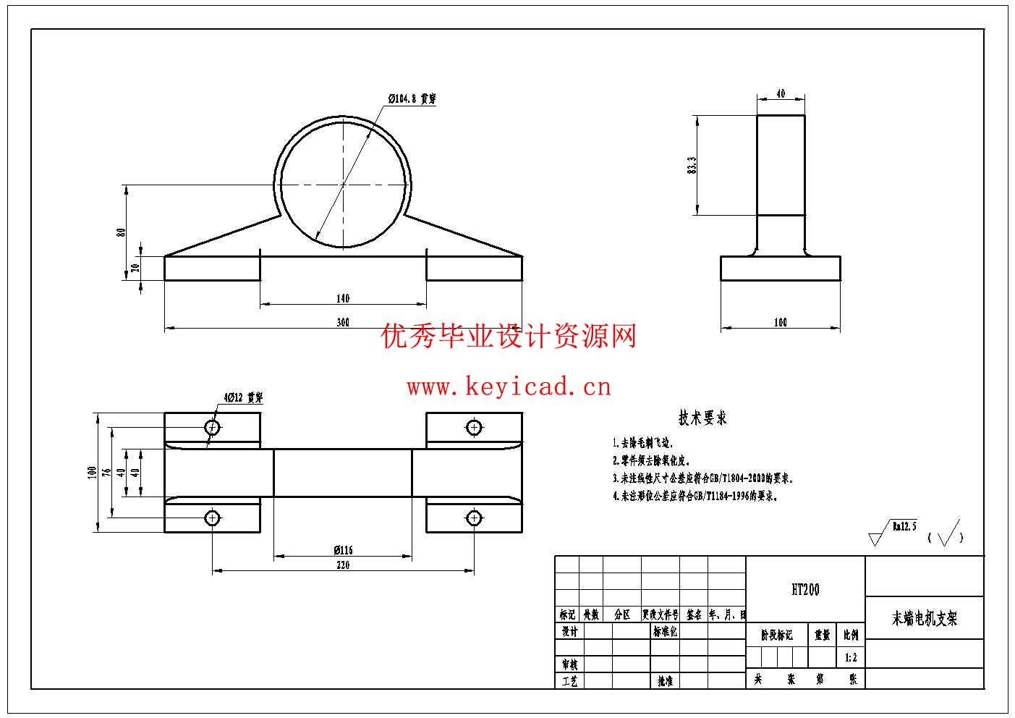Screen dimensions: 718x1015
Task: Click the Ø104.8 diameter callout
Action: click(412, 98)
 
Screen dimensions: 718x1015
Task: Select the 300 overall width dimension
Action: click(343, 322)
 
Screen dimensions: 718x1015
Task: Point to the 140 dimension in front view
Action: click(343, 298)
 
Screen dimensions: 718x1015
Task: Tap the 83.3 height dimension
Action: click(692, 165)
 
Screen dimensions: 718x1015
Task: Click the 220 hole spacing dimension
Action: click(343, 565)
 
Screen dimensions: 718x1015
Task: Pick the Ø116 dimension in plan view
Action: click(343, 550)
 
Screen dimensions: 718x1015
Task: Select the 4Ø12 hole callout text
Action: click(243, 397)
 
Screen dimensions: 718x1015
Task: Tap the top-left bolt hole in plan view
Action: click(212, 427)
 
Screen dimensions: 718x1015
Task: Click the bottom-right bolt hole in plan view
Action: click(474, 518)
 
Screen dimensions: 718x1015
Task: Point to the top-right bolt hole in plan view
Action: click(474, 427)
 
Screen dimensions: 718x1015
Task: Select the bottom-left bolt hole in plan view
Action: click(212, 518)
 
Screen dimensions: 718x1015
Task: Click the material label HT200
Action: click(805, 590)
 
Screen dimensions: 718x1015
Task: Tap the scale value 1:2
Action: click(851, 658)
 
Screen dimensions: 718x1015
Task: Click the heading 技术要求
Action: click(702, 418)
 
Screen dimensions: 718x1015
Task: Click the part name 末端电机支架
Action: click(925, 619)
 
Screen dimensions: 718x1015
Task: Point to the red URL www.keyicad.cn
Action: click(509, 387)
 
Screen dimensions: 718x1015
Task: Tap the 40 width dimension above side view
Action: click(781, 94)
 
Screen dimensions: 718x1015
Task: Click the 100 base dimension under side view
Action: click(781, 322)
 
